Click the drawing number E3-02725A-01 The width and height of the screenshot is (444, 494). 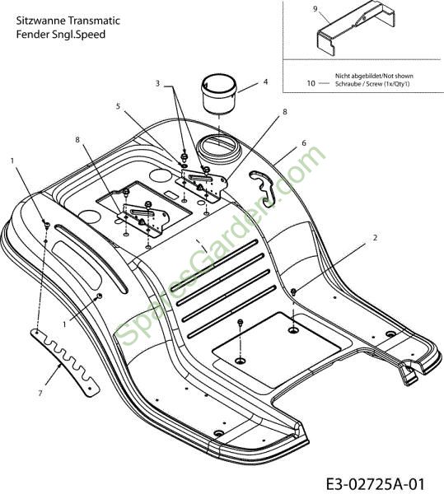point(375,483)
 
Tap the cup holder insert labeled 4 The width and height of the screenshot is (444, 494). point(219,93)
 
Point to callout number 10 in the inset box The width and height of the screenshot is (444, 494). point(311,83)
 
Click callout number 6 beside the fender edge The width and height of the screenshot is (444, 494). point(304,143)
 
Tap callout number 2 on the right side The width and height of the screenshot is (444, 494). point(375,238)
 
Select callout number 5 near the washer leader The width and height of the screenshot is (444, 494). point(118,106)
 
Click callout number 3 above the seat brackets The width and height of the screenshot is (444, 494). point(157,83)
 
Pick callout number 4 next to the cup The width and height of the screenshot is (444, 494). point(265,82)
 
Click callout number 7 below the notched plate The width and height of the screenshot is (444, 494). point(40,394)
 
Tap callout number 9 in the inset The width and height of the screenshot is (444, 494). point(315,9)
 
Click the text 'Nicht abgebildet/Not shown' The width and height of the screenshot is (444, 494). point(374,76)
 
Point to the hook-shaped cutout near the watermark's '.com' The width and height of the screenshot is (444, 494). point(263,188)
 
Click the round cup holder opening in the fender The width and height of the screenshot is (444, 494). point(218,146)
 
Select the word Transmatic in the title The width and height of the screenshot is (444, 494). point(94,21)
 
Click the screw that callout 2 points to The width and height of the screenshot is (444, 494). point(293,291)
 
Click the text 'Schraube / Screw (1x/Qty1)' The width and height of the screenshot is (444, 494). point(372,84)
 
